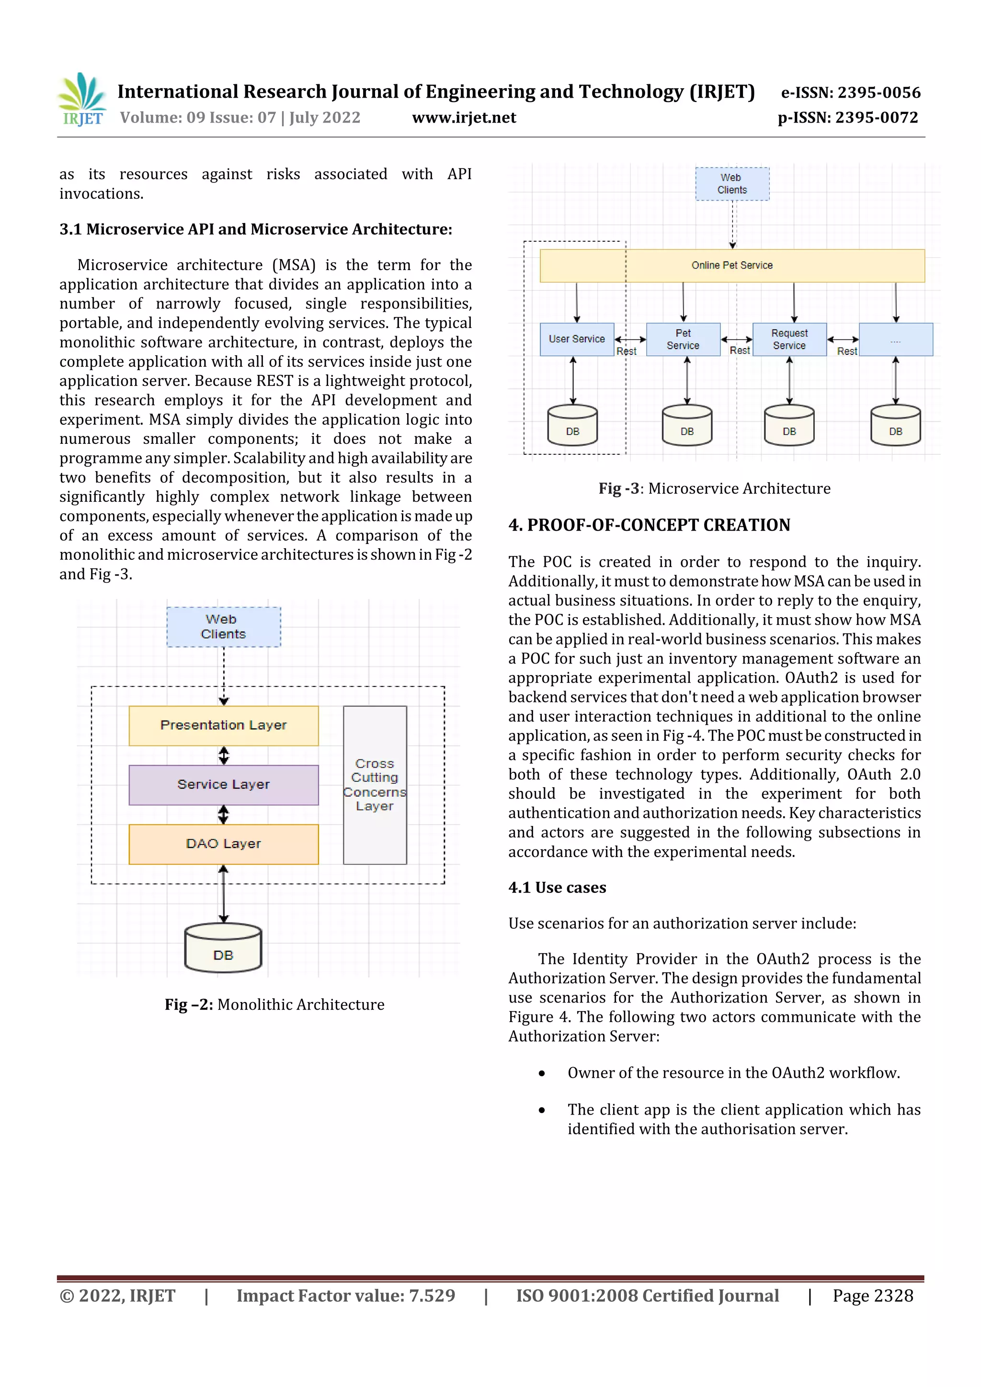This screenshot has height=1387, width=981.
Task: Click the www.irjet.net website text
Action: [x=464, y=118]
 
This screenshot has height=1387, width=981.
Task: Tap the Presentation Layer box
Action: [x=223, y=725]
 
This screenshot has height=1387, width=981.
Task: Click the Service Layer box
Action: [x=223, y=784]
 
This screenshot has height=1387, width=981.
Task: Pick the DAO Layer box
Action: [x=223, y=843]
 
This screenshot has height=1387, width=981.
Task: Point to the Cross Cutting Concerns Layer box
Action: [x=375, y=785]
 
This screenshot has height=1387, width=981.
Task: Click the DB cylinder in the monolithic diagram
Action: [x=223, y=948]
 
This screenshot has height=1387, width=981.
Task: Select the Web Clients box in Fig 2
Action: [x=223, y=626]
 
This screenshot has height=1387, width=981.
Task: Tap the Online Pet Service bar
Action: [x=731, y=265]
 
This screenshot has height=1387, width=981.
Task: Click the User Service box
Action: [x=576, y=339]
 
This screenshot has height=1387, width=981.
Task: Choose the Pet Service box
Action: [x=683, y=339]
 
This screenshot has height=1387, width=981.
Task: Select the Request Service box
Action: [x=789, y=339]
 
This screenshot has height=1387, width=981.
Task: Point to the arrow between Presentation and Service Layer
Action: [x=224, y=755]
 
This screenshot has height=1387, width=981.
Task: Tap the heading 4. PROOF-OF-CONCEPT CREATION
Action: [x=649, y=525]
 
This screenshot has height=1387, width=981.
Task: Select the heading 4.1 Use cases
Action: [x=557, y=888]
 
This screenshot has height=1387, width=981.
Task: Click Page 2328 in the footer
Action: [x=872, y=1296]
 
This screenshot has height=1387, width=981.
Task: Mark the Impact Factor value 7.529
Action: [x=345, y=1296]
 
